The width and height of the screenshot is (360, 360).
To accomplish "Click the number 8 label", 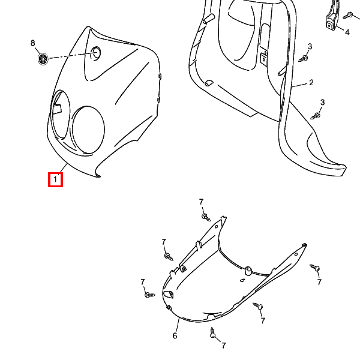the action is pyautogui.click(x=33, y=43).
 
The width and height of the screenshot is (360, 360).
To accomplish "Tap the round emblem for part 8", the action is pyautogui.click(x=43, y=59).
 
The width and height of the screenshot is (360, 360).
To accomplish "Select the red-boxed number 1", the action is pyautogui.click(x=55, y=179).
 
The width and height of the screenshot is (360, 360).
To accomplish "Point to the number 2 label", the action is pyautogui.click(x=311, y=82).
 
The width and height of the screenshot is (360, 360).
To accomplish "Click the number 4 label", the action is pyautogui.click(x=347, y=32).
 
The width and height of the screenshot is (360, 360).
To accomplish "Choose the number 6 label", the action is pyautogui.click(x=175, y=335).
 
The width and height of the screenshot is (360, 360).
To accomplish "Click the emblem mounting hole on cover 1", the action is pyautogui.click(x=97, y=53).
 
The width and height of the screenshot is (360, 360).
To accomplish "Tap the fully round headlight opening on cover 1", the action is pyautogui.click(x=88, y=130).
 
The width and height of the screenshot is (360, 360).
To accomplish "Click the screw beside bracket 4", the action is pyautogui.click(x=349, y=16).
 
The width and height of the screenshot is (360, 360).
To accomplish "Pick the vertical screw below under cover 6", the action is pyautogui.click(x=212, y=332).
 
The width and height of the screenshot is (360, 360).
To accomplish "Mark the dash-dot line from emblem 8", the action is pyautogui.click(x=73, y=55).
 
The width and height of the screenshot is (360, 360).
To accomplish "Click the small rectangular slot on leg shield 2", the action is pyautogui.click(x=263, y=58).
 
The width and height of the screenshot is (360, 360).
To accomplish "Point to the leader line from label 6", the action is pyautogui.click(x=178, y=324).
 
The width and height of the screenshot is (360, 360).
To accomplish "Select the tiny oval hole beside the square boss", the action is pyautogui.click(x=242, y=280).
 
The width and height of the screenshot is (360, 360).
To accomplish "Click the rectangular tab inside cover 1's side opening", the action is pyautogui.click(x=57, y=109).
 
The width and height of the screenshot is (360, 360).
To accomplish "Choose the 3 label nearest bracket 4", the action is pyautogui.click(x=310, y=47).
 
